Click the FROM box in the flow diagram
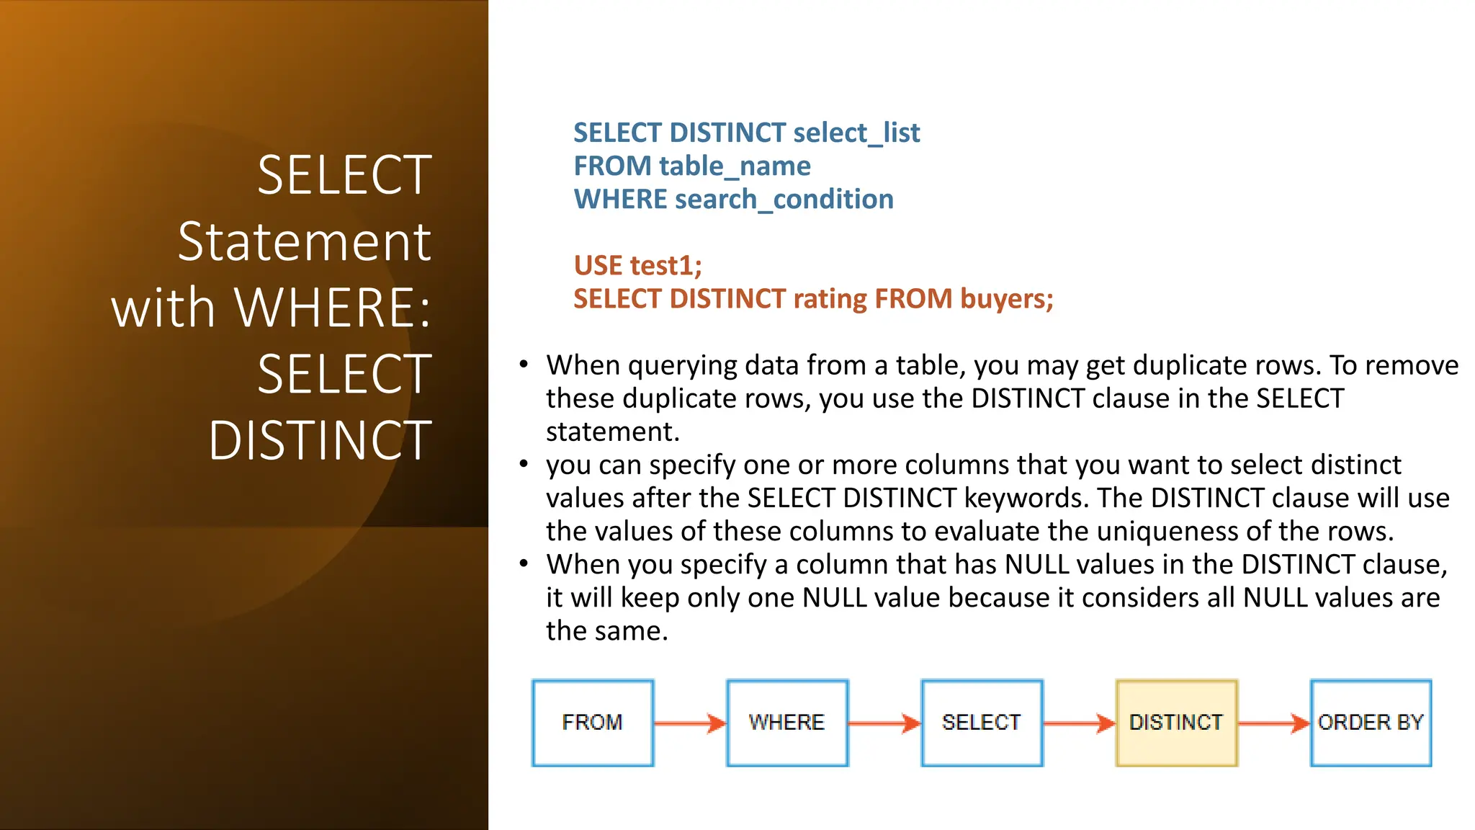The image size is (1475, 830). click(593, 723)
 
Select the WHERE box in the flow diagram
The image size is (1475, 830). click(787, 723)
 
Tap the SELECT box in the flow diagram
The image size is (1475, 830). click(982, 723)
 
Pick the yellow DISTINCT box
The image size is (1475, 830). click(1176, 723)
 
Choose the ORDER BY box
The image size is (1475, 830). click(1371, 723)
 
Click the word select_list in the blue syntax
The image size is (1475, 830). click(856, 133)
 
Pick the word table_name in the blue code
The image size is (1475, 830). click(735, 166)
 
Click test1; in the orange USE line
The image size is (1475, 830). click(665, 266)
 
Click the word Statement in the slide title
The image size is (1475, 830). click(305, 242)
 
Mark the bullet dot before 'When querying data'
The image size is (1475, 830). click(524, 365)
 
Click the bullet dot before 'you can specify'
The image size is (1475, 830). click(524, 464)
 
